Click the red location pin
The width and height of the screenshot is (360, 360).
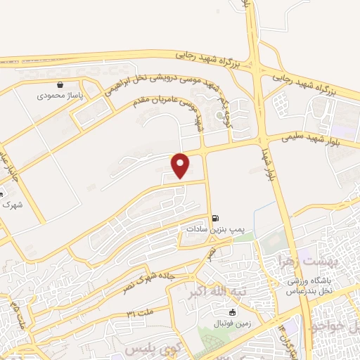pos(181,165)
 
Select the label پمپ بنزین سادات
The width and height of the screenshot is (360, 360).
pos(214,229)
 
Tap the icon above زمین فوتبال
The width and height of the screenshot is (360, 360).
pos(231,312)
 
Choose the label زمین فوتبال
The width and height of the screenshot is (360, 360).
pos(231,324)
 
